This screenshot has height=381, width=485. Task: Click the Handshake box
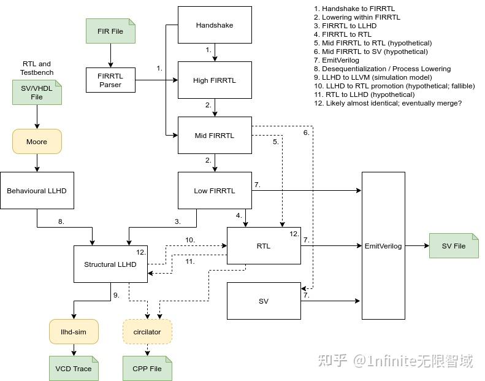[215, 25]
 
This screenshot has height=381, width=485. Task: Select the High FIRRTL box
[215, 80]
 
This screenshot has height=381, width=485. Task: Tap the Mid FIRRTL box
[215, 136]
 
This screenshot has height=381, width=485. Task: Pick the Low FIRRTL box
[215, 191]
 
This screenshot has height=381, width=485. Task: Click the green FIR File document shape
[110, 31]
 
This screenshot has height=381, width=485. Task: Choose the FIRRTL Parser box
[110, 80]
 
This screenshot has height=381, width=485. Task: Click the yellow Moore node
[37, 142]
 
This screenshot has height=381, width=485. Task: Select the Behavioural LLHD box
[37, 191]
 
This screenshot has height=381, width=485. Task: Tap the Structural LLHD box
[110, 264]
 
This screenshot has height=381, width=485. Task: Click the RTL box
[264, 246]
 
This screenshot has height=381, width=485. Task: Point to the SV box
[264, 301]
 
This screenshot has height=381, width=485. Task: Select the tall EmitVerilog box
[383, 246]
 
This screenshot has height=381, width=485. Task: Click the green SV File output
[454, 246]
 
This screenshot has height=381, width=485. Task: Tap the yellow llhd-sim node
[74, 332]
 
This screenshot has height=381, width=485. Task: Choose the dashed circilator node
[147, 332]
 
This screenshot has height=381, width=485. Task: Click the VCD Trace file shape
[74, 369]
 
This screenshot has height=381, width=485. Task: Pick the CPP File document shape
[147, 369]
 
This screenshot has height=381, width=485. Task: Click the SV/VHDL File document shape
[37, 93]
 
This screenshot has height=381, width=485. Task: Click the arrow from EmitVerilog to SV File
[417, 246]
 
